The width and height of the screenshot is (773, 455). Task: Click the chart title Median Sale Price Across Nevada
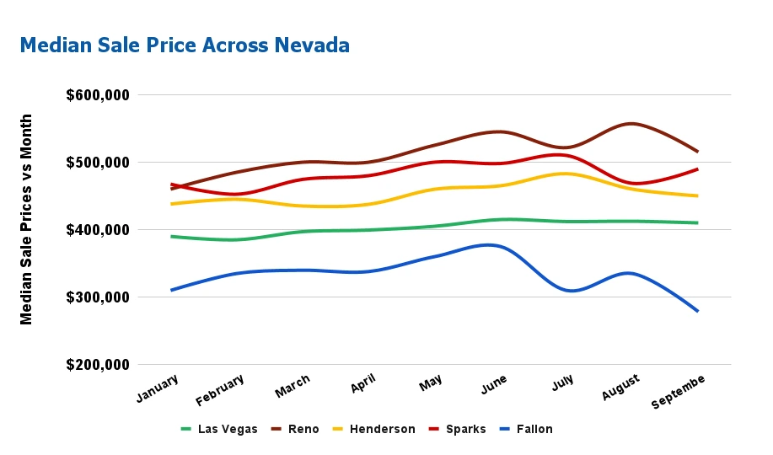(x=185, y=45)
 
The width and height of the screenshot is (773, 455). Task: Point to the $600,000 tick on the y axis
(x=98, y=95)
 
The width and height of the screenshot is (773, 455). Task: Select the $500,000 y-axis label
(x=98, y=163)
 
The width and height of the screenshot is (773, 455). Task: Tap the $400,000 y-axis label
(x=98, y=230)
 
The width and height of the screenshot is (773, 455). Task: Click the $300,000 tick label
(x=98, y=297)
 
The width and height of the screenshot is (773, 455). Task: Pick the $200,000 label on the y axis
(x=98, y=365)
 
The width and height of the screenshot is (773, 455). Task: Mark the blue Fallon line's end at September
(x=698, y=311)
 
